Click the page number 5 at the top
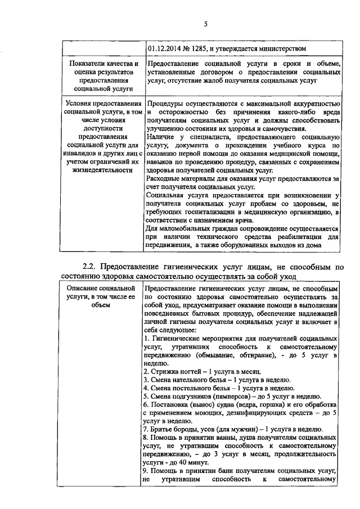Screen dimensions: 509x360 click(205, 23)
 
